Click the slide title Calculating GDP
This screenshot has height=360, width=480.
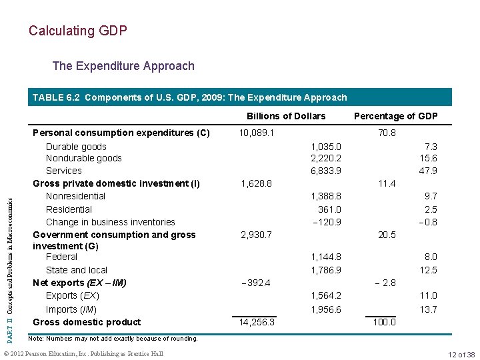[x=78, y=31]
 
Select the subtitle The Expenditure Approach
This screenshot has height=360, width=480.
[x=123, y=66]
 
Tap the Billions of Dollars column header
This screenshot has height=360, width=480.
[x=286, y=116]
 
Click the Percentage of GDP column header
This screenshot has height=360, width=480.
[x=396, y=116]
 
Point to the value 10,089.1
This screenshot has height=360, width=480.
[x=256, y=133]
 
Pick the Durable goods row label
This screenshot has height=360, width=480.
[x=76, y=147]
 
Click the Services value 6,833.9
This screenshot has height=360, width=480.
[x=326, y=171]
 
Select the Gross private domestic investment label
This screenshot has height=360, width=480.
[x=117, y=183]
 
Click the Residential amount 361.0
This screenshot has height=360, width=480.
[x=329, y=209]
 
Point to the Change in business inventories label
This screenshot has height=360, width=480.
[x=111, y=222]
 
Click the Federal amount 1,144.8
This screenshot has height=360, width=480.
[x=326, y=257]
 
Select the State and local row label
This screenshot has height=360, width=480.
[x=77, y=270]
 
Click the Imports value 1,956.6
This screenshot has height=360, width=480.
[x=326, y=309]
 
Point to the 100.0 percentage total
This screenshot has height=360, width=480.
[x=384, y=322]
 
